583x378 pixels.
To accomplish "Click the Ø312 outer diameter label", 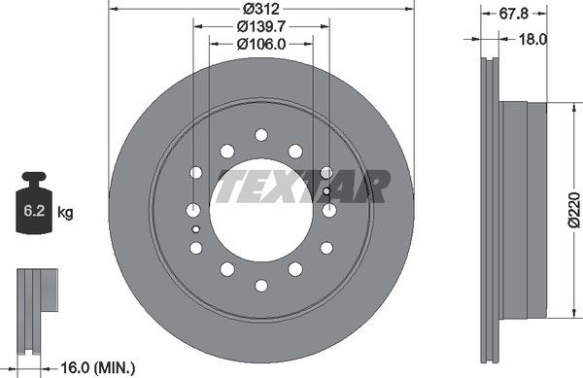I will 261,9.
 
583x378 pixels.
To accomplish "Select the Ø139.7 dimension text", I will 261,25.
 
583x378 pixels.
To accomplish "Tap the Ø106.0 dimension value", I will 261,43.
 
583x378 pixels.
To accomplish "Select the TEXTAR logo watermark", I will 302,185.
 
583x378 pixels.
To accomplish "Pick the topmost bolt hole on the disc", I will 261,134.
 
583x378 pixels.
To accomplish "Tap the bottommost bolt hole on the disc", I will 261,285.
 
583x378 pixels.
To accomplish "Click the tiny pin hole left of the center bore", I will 195,229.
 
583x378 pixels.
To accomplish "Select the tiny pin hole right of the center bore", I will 326,190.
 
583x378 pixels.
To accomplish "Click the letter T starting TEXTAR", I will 228,185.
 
